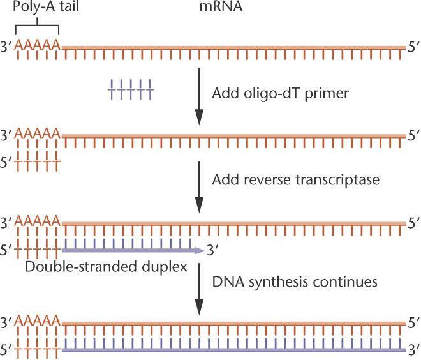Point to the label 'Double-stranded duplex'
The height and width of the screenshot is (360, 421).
click(106, 266)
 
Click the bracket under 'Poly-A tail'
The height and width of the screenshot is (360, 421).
click(38, 28)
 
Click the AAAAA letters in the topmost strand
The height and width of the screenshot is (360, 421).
click(38, 45)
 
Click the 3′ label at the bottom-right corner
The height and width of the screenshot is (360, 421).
click(413, 350)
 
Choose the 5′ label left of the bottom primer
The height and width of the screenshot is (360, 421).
click(7, 350)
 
